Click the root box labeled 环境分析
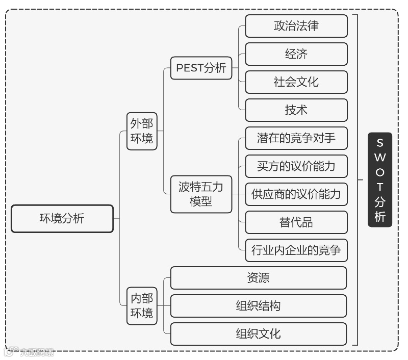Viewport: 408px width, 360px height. pyautogui.click(x=62, y=219)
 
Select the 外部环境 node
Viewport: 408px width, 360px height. pyautogui.click(x=142, y=131)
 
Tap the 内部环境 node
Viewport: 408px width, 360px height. pyautogui.click(x=142, y=305)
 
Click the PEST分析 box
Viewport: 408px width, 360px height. pyautogui.click(x=201, y=68)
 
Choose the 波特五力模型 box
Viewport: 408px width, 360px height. pyautogui.click(x=201, y=194)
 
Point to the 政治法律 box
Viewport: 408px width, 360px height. pyautogui.click(x=296, y=26)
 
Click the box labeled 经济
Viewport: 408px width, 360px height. pyautogui.click(x=296, y=54)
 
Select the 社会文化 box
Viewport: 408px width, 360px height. pyautogui.click(x=296, y=82)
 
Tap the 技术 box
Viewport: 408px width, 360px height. pyautogui.click(x=296, y=110)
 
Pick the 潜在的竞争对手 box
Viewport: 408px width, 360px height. pyautogui.click(x=296, y=138)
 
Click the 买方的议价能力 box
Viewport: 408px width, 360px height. pyautogui.click(x=296, y=166)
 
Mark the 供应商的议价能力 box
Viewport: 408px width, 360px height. pyautogui.click(x=296, y=194)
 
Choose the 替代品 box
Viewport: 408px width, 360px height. pyautogui.click(x=296, y=222)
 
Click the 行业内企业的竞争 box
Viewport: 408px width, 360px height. pyautogui.click(x=296, y=250)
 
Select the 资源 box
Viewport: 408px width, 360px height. pyautogui.click(x=259, y=278)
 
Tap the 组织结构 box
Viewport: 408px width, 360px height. pyautogui.click(x=259, y=306)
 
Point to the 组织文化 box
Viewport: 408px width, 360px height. pyautogui.click(x=259, y=334)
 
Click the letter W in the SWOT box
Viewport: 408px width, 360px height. pyautogui.click(x=380, y=157)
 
